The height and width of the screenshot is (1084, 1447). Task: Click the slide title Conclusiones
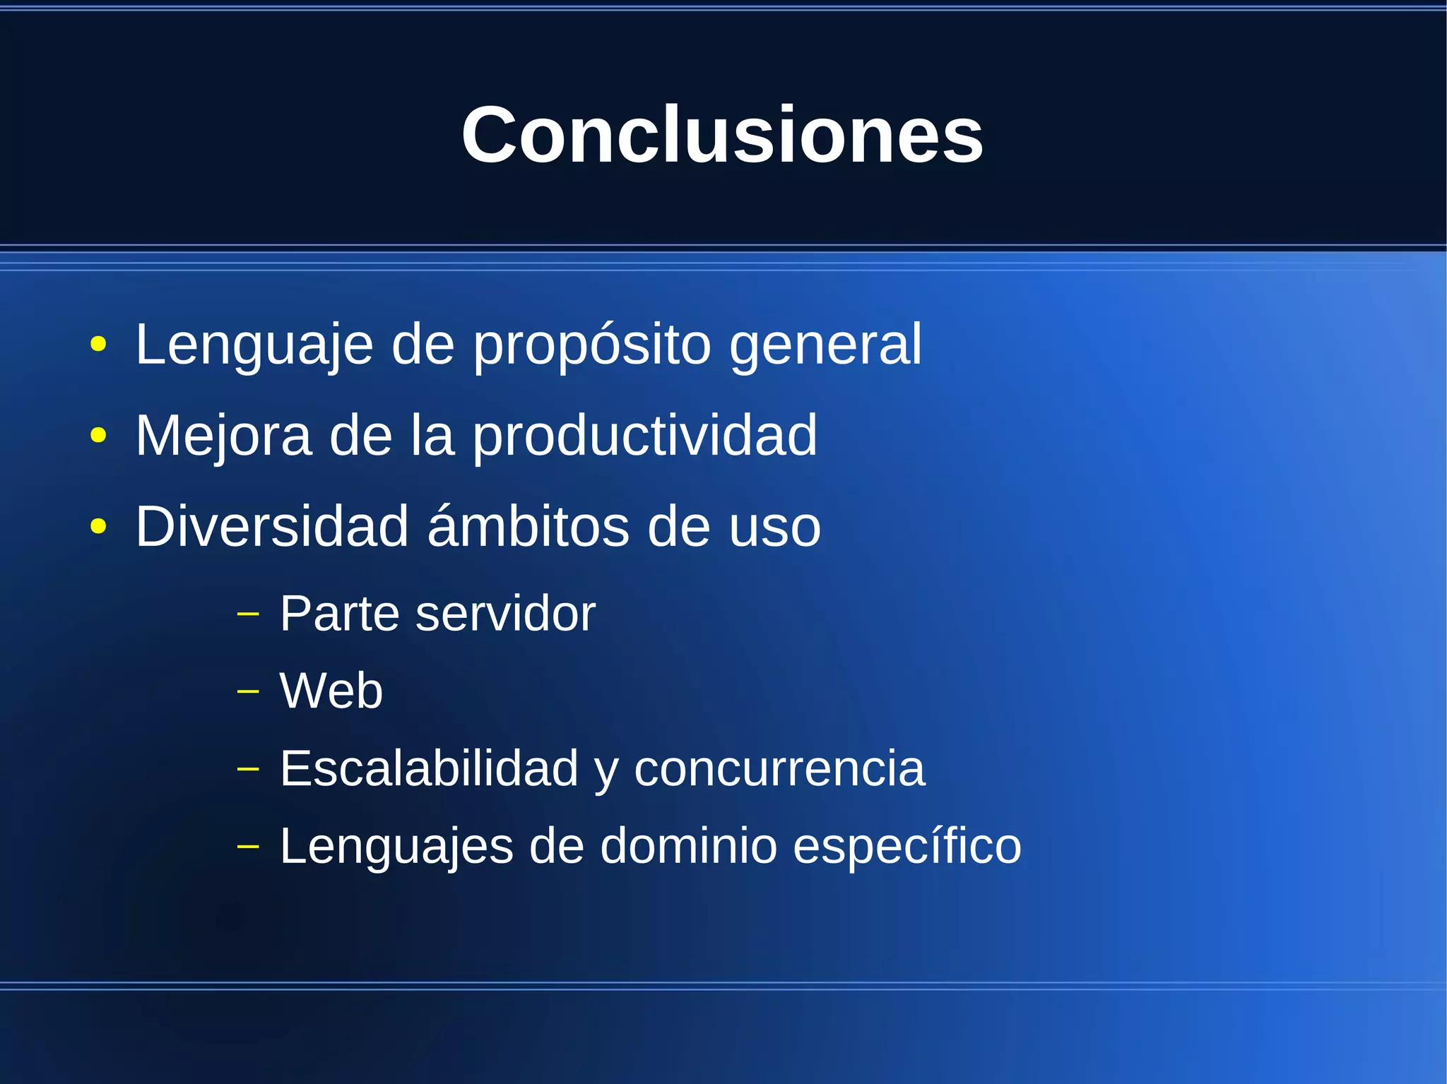click(x=722, y=134)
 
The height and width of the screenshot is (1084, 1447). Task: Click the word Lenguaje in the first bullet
click(x=254, y=345)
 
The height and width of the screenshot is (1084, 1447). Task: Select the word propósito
click(x=591, y=345)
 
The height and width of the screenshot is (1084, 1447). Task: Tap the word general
click(x=825, y=345)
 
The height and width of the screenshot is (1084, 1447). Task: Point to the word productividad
click(x=644, y=436)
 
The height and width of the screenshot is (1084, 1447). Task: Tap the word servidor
click(x=505, y=613)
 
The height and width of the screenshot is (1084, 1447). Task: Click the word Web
click(x=331, y=691)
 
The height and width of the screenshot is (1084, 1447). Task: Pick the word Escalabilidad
click(x=429, y=768)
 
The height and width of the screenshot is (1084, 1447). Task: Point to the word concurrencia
click(x=779, y=768)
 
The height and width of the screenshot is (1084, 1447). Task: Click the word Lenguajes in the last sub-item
click(x=396, y=846)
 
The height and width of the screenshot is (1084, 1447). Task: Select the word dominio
click(x=688, y=846)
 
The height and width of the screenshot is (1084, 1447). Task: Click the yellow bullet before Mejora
click(x=99, y=436)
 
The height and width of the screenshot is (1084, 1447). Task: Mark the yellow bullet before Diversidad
click(x=99, y=527)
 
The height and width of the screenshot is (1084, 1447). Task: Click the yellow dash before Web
click(x=248, y=691)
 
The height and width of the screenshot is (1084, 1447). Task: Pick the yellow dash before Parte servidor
click(x=248, y=614)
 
